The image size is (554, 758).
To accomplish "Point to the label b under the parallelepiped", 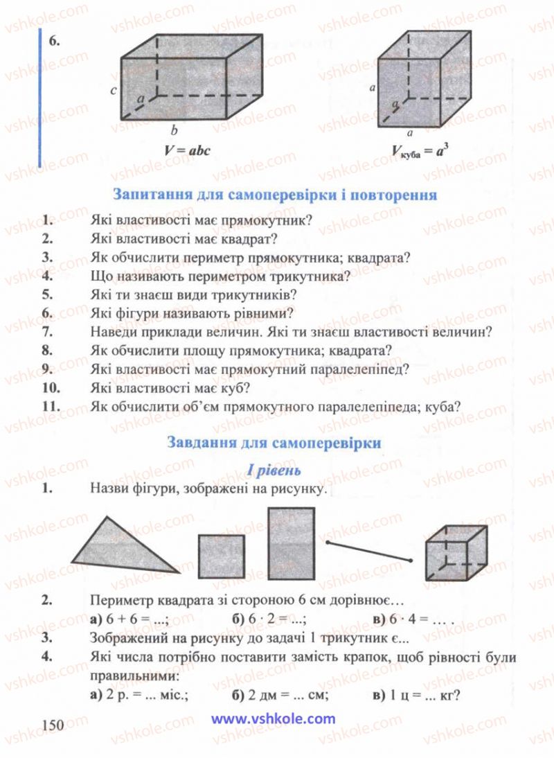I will pos(175,130).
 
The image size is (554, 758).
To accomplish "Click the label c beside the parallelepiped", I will pos(113,91).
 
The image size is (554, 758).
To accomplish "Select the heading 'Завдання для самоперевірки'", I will pos(274,442).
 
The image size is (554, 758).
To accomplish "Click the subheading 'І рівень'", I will pos(274,470).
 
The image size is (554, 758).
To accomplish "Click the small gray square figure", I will pos(222,556).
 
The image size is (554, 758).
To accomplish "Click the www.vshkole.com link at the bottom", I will pos(273,719).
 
